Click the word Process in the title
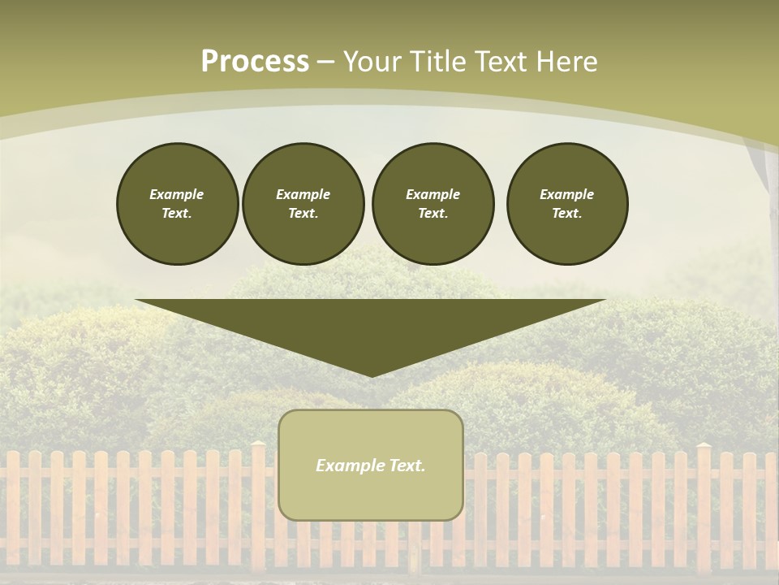pos(255,62)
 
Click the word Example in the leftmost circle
pos(177,194)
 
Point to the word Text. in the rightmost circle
pos(567,214)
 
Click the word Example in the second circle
pos(303,194)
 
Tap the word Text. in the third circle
pos(433,214)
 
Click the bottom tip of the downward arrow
pos(372,375)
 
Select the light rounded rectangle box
pos(371,496)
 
